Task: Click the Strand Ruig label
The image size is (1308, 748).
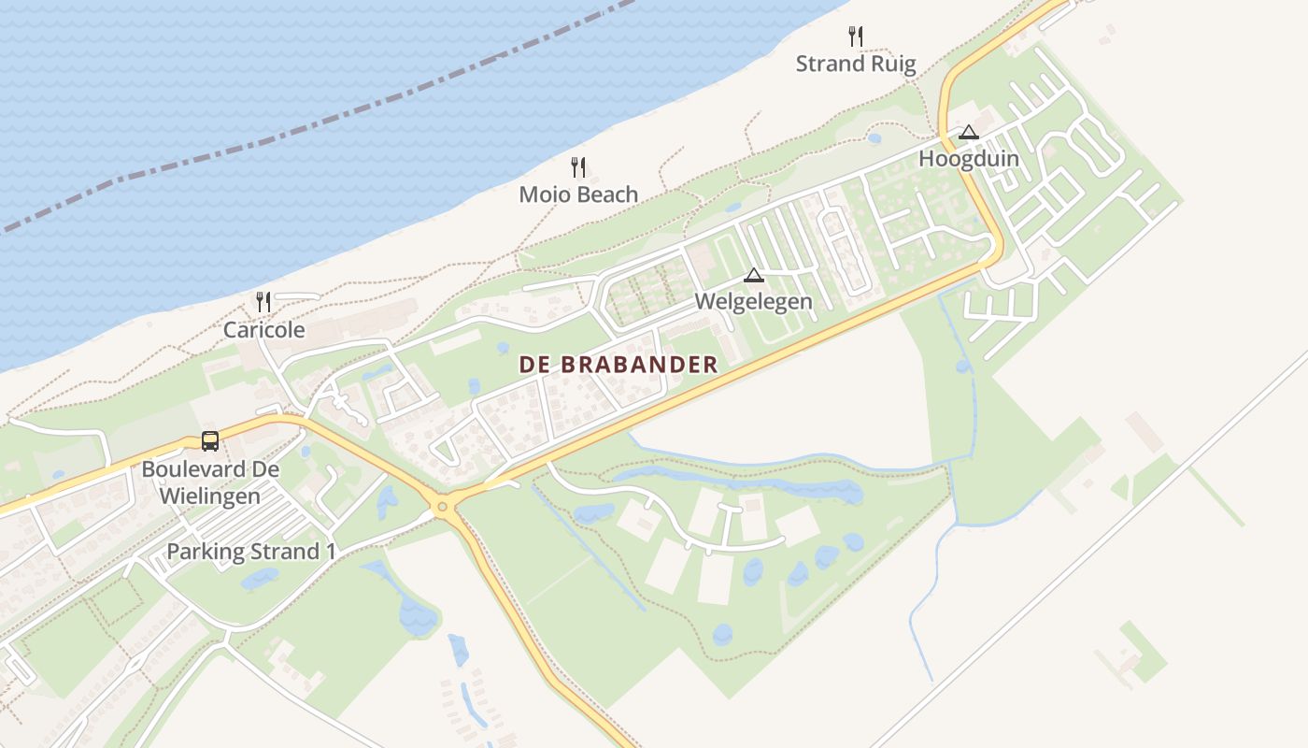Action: [856, 64]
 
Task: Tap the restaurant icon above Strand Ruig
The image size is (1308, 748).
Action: [856, 36]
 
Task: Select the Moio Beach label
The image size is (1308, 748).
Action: [578, 194]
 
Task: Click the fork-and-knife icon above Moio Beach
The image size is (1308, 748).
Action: [579, 167]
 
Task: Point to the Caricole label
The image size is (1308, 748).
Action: [263, 329]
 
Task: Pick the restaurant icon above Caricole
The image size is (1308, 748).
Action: [263, 301]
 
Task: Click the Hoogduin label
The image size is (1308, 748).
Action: [969, 158]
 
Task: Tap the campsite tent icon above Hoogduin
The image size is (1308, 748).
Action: [969, 133]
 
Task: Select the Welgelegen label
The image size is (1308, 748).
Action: [753, 302]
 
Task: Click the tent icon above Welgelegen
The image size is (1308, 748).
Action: [753, 275]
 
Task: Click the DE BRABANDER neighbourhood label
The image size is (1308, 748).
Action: [618, 365]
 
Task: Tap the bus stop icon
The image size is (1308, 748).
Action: [210, 440]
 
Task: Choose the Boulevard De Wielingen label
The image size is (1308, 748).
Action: [210, 482]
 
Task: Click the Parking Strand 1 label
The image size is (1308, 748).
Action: [250, 552]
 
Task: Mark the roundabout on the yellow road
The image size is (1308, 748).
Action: [443, 507]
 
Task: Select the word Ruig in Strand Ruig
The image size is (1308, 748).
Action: [894, 64]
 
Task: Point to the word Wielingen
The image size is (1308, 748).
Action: [210, 496]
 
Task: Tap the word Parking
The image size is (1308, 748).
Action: [204, 552]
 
